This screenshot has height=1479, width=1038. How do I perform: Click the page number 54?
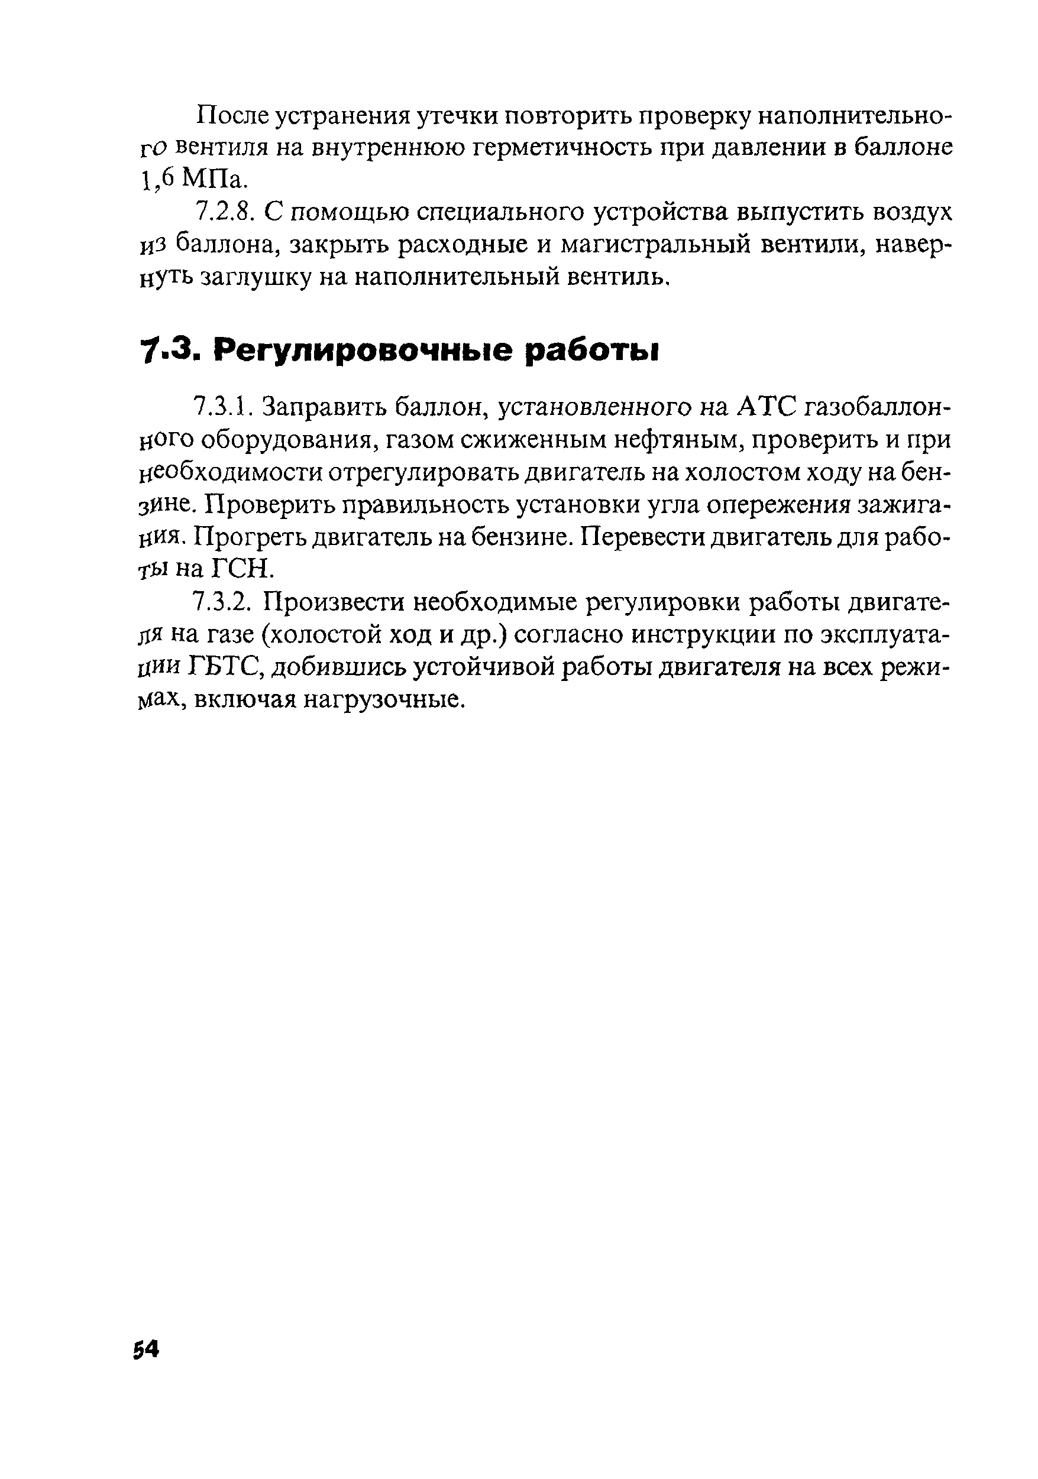[x=145, y=1348]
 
